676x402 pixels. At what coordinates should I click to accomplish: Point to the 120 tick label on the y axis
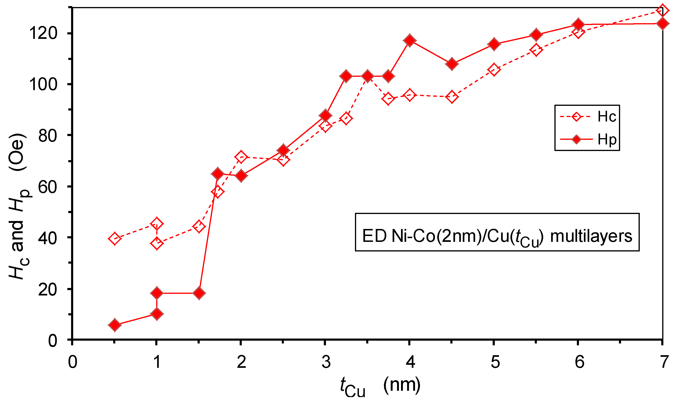coord(43,33)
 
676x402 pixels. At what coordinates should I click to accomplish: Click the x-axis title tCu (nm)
coord(380,386)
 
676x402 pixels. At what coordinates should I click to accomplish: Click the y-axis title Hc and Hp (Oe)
coord(18,206)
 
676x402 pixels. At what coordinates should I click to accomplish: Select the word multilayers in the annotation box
coord(591,236)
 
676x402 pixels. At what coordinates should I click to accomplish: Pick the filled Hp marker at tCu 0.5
coord(115,325)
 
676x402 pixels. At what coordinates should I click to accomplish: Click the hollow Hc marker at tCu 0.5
coord(115,238)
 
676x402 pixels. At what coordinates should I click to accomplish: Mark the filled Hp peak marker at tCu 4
coord(409,40)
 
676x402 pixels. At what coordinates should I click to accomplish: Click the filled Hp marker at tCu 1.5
coord(199,293)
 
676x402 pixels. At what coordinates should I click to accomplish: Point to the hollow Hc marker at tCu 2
coord(241,157)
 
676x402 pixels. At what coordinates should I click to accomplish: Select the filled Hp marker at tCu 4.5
coord(452,64)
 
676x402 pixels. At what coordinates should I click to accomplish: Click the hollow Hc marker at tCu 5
coord(494,70)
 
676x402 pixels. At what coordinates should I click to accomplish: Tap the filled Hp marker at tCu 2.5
coord(283,150)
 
